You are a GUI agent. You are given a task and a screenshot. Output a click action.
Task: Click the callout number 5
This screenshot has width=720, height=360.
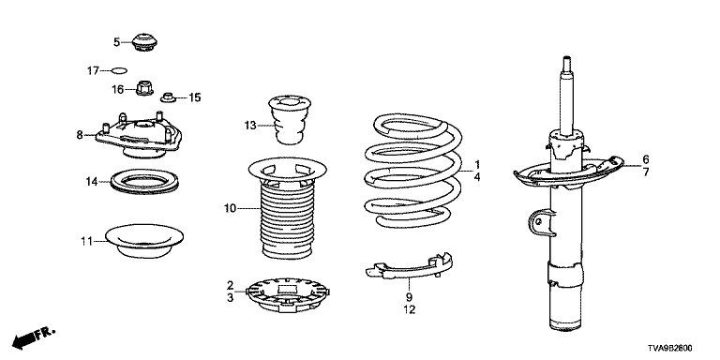[x=116, y=42]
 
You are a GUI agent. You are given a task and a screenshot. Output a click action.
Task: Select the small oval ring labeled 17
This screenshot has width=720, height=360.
[x=119, y=70]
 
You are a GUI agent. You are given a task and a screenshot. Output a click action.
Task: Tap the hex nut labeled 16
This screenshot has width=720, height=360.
[x=144, y=88]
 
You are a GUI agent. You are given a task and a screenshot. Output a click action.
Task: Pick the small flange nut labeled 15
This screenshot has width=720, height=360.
[x=168, y=97]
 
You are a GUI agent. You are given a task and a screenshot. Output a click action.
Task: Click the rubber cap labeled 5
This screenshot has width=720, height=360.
[x=145, y=42]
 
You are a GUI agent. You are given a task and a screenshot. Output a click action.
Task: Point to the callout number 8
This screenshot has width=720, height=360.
[x=80, y=135]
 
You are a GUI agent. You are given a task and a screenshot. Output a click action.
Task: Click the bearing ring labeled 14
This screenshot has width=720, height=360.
[x=144, y=182]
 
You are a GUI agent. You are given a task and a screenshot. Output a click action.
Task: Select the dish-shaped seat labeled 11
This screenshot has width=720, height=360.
[x=144, y=241]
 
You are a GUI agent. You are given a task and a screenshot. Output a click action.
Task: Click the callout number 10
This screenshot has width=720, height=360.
[x=230, y=209]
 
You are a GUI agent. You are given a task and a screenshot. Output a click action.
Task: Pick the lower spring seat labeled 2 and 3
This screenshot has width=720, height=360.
[x=289, y=294]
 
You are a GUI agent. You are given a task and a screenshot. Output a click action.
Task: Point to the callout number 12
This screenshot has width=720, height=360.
[x=409, y=310]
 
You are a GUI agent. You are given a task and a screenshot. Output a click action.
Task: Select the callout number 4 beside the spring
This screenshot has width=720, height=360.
[x=477, y=177]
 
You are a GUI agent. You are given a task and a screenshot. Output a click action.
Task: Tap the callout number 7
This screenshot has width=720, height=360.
[x=646, y=172]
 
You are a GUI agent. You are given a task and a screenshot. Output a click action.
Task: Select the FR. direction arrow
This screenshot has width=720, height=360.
[x=33, y=337]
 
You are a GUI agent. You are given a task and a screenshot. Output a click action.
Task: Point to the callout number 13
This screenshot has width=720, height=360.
[x=250, y=125]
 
